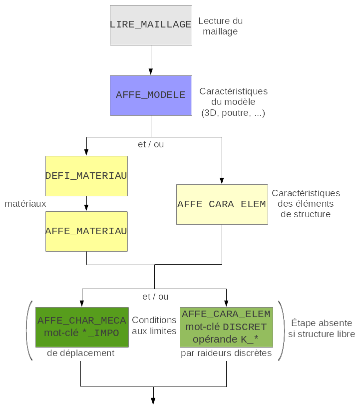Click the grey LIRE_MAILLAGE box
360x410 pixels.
tap(151, 25)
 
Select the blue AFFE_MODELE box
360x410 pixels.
tap(151, 95)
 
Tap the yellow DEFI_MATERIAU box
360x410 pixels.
tap(86, 176)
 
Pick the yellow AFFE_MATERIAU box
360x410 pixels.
tap(86, 231)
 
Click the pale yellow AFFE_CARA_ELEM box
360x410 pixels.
tap(222, 204)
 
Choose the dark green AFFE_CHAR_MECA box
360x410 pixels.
tap(81, 327)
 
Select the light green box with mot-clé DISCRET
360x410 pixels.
tap(226, 327)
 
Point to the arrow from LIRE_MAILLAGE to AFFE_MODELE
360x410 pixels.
tap(151, 60)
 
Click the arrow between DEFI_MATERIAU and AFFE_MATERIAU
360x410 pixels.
tap(86, 203)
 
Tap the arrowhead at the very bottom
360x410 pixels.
tap(153, 401)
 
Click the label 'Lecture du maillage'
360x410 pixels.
tap(220, 26)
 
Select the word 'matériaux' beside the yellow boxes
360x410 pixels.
tap(25, 204)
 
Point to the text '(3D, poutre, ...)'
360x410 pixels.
tap(233, 113)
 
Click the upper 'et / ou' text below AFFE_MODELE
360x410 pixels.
tap(151, 144)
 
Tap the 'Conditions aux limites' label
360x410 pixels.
tap(154, 326)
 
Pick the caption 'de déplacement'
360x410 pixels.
tap(81, 353)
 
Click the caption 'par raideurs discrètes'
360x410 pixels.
tap(226, 354)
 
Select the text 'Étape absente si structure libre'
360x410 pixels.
tap(321, 328)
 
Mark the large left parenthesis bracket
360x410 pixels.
tap(29, 330)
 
